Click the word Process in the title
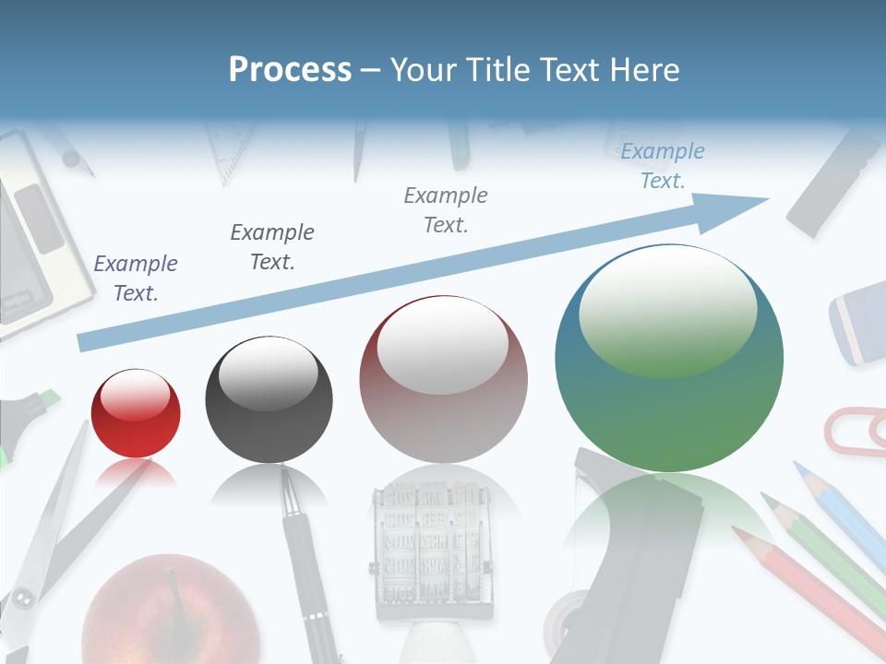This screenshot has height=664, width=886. pyautogui.click(x=290, y=69)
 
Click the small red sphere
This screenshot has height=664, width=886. pyautogui.click(x=136, y=413)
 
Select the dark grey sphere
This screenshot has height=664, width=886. pyautogui.click(x=269, y=399)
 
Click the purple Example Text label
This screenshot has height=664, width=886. pyautogui.click(x=136, y=279)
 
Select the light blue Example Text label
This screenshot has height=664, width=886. pyautogui.click(x=663, y=166)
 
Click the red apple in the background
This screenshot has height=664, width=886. pyautogui.click(x=171, y=609)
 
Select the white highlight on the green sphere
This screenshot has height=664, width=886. pyautogui.click(x=666, y=309)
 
